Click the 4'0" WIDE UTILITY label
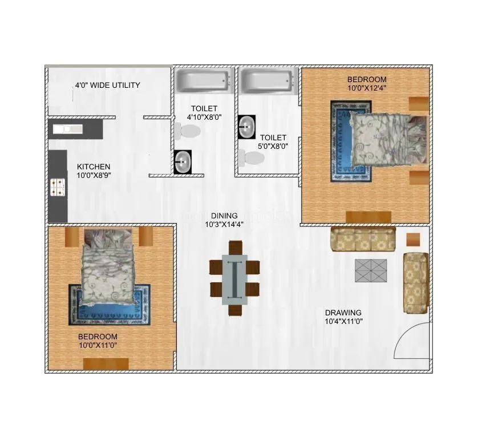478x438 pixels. click(107, 86)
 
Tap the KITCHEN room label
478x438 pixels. click(94, 167)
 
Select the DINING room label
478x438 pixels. click(224, 216)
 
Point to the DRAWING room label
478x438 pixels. click(343, 313)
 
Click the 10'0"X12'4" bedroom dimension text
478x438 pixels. click(367, 88)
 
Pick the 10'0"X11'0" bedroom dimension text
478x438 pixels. click(98, 345)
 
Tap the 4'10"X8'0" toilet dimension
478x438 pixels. click(204, 117)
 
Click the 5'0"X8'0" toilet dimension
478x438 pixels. click(273, 146)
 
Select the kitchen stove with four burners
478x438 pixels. click(58, 186)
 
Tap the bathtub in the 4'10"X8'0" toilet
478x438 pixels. click(203, 81)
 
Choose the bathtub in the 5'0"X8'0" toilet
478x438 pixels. click(268, 81)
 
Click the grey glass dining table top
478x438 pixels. click(234, 278)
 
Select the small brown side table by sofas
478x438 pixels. click(412, 240)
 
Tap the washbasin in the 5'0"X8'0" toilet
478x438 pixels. click(246, 127)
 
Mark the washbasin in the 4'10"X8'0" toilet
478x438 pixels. click(183, 161)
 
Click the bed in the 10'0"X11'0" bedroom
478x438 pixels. click(109, 270)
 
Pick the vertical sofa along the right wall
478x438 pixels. click(415, 283)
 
